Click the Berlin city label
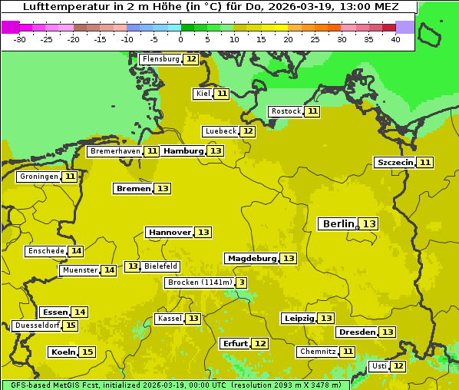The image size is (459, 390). [338, 223]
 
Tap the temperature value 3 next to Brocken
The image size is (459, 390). [242, 283]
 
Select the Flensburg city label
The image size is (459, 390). [160, 59]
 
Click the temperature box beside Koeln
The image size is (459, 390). [88, 352]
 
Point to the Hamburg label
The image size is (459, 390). [183, 151]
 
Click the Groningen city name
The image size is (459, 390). [39, 177]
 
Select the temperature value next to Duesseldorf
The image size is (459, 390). [71, 326]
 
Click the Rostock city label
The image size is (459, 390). [286, 111]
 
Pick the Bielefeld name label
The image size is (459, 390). [160, 266]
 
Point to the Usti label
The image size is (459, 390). [378, 366]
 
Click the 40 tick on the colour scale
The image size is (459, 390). [395, 39]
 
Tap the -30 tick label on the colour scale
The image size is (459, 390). [20, 39]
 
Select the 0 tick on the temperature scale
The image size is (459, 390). [180, 39]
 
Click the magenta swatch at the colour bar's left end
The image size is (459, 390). [10, 27]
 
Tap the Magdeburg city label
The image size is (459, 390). [252, 258]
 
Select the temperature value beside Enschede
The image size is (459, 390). [76, 251]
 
